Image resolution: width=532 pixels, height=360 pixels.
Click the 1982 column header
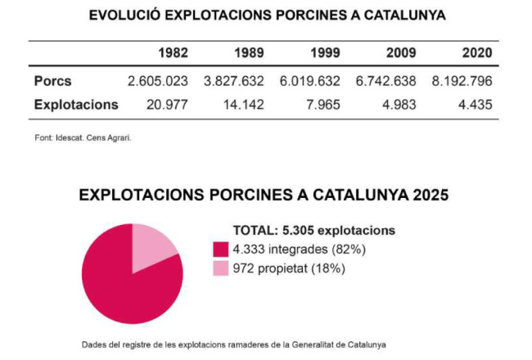pyautogui.click(x=174, y=54)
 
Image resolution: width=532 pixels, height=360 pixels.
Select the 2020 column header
pyautogui.click(x=476, y=54)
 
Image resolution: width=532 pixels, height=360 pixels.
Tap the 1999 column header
pyautogui.click(x=326, y=54)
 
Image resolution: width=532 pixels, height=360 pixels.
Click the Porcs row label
pyautogui.click(x=53, y=82)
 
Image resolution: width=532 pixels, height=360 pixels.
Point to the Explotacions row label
pyautogui.click(x=76, y=105)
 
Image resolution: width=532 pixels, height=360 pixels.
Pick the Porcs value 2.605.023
pyautogui.click(x=158, y=82)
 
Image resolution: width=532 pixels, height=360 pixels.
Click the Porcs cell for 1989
pyautogui.click(x=234, y=82)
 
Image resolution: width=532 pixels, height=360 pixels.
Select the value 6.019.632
pyautogui.click(x=309, y=82)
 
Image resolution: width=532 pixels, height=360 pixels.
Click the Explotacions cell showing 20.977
pyautogui.click(x=166, y=105)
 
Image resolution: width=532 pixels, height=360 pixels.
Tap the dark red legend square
pyautogui.click(x=220, y=249)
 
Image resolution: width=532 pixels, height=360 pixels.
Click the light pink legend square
pyautogui.click(x=220, y=268)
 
